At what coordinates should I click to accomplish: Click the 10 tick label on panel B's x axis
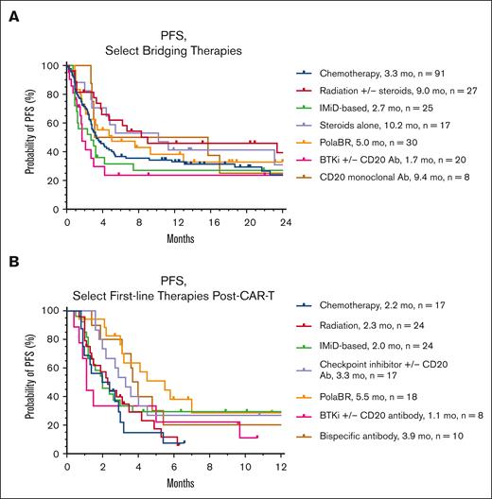pyautogui.click(x=245, y=468)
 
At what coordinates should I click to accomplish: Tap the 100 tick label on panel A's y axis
pyautogui.click(x=49, y=65)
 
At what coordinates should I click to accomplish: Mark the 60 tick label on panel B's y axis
pyautogui.click(x=51, y=368)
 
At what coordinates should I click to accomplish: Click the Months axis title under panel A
pyautogui.click(x=174, y=237)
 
